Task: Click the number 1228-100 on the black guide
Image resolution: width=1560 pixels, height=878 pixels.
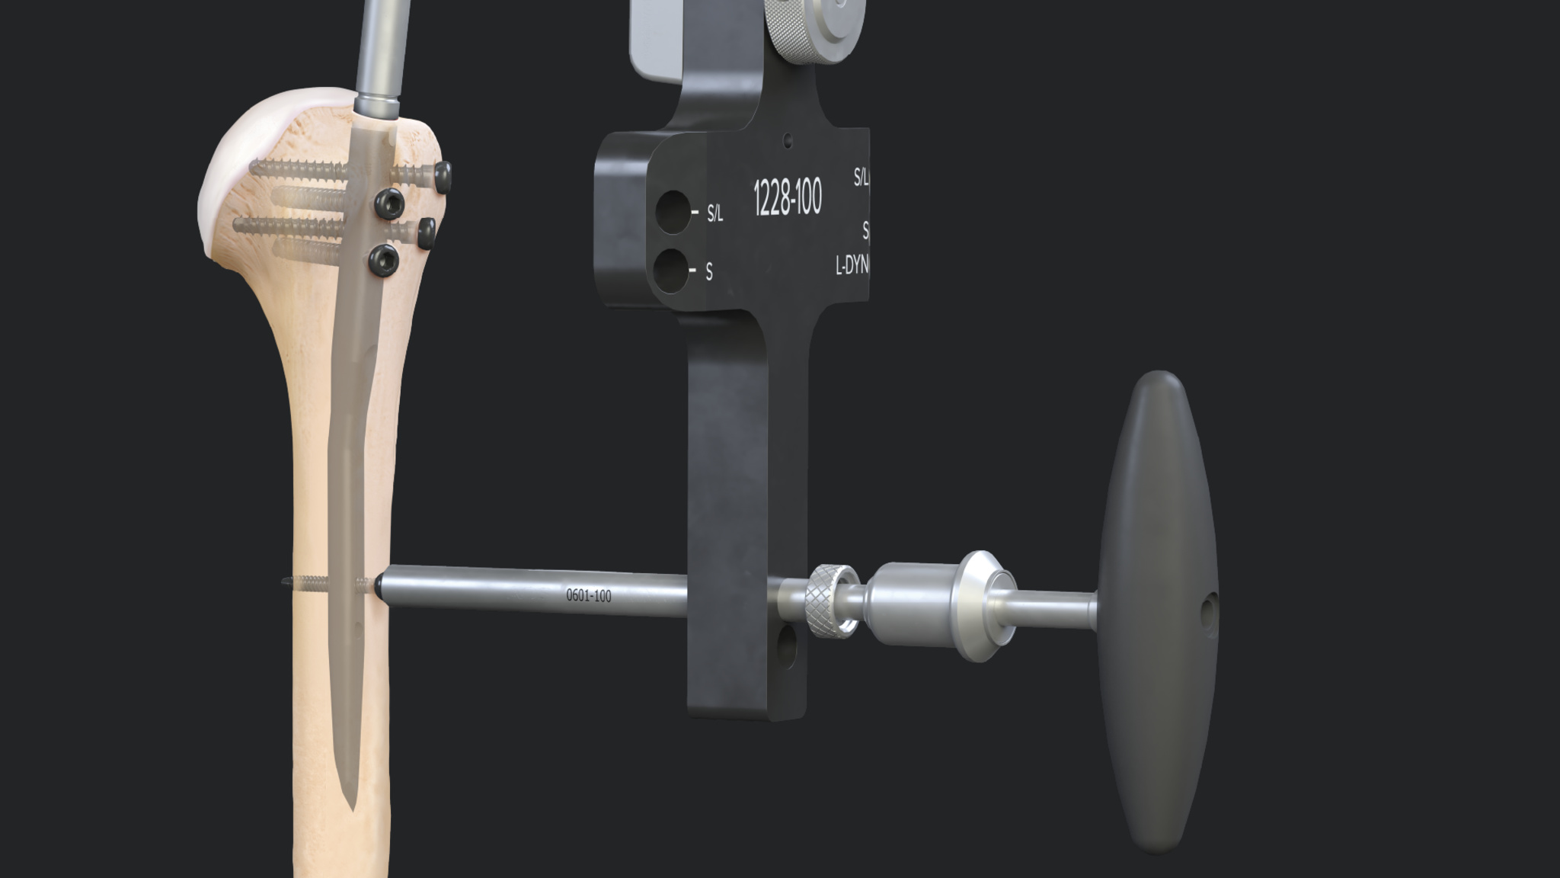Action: [x=787, y=198]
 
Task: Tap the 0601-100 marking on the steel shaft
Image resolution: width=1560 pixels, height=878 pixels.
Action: [x=588, y=595]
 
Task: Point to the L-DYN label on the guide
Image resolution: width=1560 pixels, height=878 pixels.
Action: [x=852, y=265]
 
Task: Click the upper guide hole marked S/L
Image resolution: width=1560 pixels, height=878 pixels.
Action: [x=673, y=212]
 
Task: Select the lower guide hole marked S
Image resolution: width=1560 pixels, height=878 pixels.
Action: [x=671, y=271]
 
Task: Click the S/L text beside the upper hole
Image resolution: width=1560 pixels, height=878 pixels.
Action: [x=714, y=213]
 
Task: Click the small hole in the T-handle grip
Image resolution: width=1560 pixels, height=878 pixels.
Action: [x=1208, y=610]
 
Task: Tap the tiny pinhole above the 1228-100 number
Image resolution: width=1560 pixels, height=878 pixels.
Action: [x=788, y=140]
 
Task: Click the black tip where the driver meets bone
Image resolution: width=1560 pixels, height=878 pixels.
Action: [x=378, y=586]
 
